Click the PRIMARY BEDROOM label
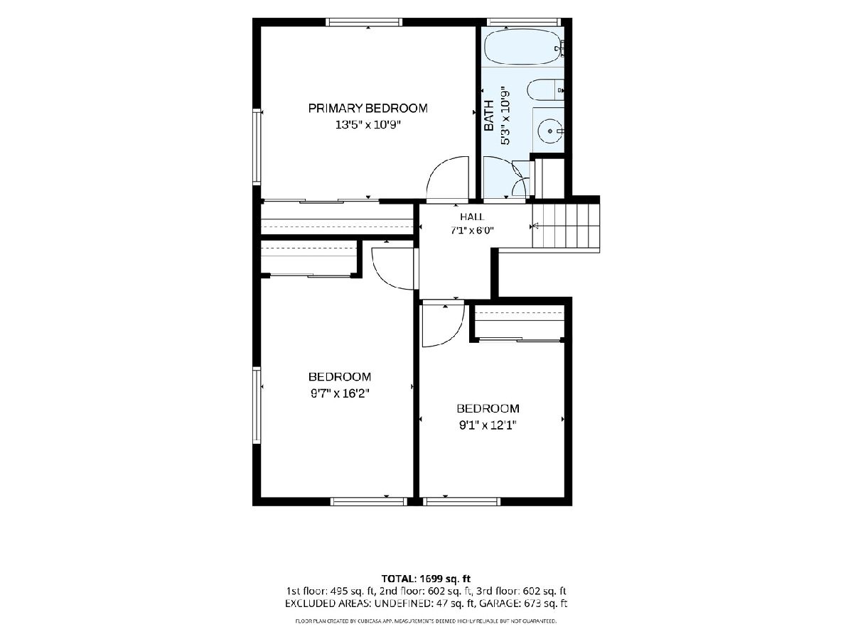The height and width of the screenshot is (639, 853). (x=368, y=108)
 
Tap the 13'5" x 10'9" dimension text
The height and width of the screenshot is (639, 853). (x=368, y=125)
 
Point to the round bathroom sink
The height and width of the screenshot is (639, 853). (x=550, y=131)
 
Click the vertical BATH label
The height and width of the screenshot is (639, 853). (x=488, y=115)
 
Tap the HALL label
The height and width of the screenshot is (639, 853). (x=472, y=217)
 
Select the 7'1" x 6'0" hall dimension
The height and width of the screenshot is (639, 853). (x=472, y=231)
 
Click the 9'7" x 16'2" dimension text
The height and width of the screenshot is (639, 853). (x=339, y=394)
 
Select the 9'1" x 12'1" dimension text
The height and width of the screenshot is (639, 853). (x=488, y=425)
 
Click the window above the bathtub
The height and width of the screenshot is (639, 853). (x=523, y=22)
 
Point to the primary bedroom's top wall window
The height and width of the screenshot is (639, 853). (x=364, y=22)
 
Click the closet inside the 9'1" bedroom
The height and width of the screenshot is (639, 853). (x=519, y=322)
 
